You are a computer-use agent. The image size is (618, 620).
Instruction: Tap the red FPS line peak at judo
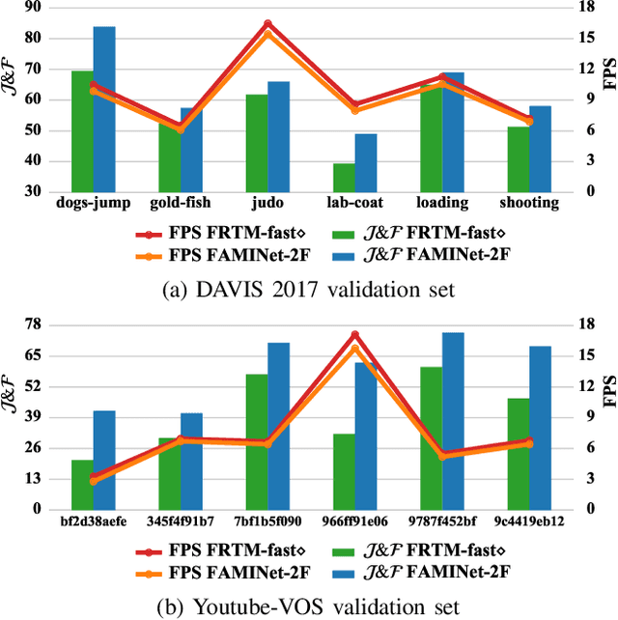pos(267,23)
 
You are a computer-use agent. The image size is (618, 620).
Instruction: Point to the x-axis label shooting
pos(529,203)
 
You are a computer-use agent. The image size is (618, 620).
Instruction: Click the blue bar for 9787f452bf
pos(453,420)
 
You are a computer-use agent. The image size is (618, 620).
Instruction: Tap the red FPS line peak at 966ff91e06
pos(355,334)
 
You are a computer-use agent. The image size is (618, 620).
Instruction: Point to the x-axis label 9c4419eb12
pos(529,521)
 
